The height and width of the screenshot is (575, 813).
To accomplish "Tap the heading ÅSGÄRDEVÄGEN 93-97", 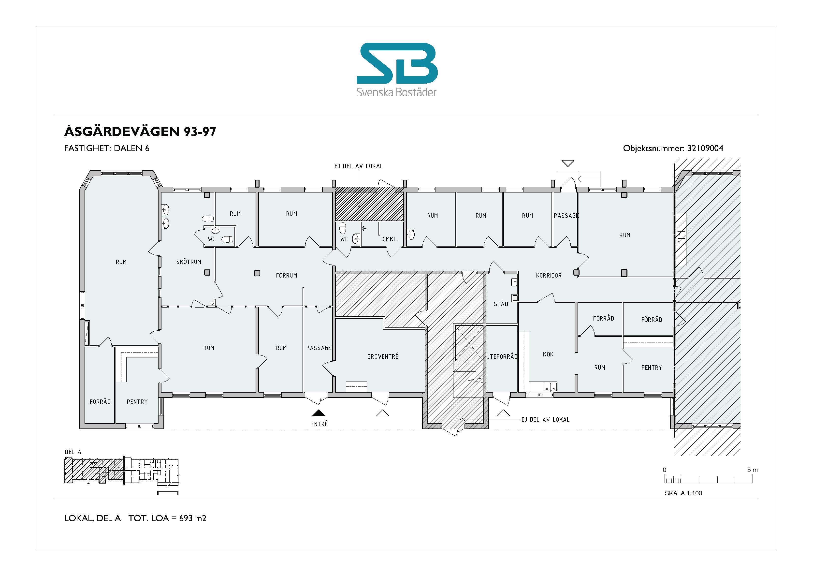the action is (x=140, y=132).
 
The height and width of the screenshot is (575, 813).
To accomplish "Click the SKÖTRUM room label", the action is (x=189, y=262).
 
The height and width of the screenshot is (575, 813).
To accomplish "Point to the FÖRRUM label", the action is (x=287, y=275).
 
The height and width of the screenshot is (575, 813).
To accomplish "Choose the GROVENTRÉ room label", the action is (x=383, y=356).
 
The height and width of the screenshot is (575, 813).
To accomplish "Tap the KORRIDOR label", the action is (x=549, y=275).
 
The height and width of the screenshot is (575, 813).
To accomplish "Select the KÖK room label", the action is (x=548, y=354).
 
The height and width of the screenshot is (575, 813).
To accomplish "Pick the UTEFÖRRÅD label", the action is (x=502, y=356).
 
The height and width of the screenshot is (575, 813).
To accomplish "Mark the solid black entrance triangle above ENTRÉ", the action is (x=319, y=413).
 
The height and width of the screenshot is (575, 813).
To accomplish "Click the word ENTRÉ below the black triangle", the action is (x=319, y=424).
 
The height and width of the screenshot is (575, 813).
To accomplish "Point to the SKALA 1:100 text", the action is (x=683, y=493).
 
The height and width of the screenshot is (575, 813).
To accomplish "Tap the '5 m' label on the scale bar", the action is (x=753, y=470).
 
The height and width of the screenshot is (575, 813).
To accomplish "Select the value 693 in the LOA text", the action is (x=186, y=518).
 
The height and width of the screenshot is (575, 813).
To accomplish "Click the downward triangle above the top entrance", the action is (x=568, y=163).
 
